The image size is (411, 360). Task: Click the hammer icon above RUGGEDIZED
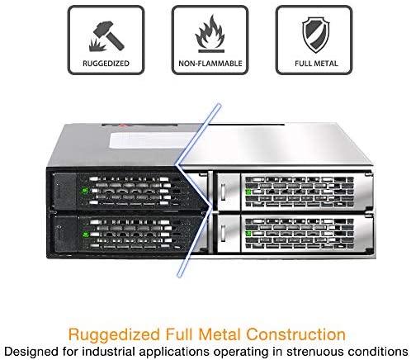pos(106,36)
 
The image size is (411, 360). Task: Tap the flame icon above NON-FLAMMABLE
pos(210,34)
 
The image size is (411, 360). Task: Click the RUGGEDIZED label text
pos(106,64)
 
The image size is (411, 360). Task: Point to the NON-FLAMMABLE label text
pos(210,64)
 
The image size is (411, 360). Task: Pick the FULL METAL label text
pos(316,64)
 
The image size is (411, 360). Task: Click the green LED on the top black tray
pos(85,191)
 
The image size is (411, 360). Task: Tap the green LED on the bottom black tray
pos(85,234)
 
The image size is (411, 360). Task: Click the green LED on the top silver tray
pos(248,192)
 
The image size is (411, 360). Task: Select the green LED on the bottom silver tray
pos(248,234)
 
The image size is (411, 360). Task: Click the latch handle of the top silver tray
pos(223,192)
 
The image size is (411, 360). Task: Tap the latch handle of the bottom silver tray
pos(223,234)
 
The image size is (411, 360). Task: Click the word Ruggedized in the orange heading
pos(114,335)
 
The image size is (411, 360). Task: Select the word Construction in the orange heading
pos(295,334)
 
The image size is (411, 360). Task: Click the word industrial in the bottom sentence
pos(109,352)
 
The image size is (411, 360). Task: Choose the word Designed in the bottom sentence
pos(31,352)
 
